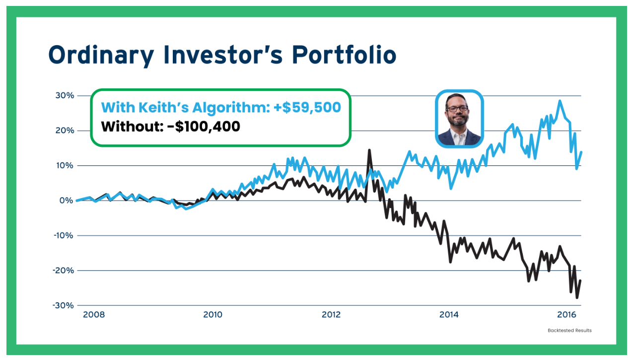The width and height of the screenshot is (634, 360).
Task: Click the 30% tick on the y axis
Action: (64, 95)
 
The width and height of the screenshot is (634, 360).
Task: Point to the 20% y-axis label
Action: (64, 131)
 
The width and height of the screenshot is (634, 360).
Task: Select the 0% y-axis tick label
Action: (66, 201)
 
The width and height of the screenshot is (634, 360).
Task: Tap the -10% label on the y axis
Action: (63, 235)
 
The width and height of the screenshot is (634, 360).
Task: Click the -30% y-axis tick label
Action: (63, 305)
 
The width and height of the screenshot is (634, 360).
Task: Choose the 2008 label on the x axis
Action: (94, 314)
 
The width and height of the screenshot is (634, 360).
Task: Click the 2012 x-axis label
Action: (331, 314)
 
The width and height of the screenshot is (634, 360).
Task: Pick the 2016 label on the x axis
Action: (566, 314)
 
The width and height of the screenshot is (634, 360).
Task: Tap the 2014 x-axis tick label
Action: (449, 314)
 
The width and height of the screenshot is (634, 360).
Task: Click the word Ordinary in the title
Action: (101, 55)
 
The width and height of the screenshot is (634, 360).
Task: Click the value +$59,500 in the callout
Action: (307, 107)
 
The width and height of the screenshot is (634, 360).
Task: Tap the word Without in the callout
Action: (130, 126)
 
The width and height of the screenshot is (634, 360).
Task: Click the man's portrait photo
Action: (459, 119)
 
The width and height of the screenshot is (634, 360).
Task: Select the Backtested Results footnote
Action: (569, 330)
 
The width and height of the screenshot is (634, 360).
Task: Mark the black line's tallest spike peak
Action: (369, 150)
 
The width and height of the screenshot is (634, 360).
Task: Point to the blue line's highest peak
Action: (560, 101)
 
